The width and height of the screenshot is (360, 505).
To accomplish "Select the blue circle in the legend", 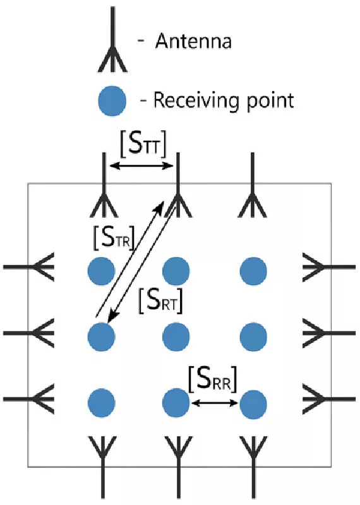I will tap(111, 100).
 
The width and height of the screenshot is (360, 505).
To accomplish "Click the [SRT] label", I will tap(160, 300).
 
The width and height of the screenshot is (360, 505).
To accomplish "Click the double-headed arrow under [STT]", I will tap(142, 166).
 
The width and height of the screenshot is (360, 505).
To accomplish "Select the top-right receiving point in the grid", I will tap(253, 271).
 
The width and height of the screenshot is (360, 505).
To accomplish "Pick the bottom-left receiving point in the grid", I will tap(101, 401).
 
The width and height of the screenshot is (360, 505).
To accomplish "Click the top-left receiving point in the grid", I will tap(101, 271).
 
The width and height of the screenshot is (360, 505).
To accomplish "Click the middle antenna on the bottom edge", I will tap(177, 458).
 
